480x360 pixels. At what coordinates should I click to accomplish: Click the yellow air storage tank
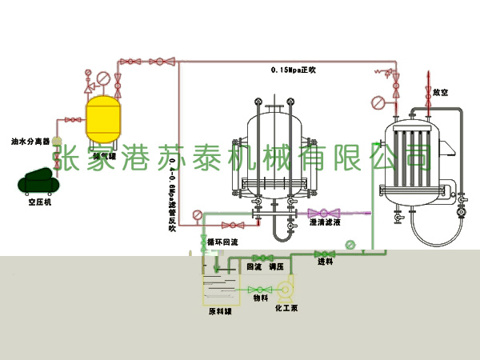(x=104, y=114)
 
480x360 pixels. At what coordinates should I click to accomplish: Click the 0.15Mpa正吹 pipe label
(x=294, y=70)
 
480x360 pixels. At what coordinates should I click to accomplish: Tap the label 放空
(x=440, y=93)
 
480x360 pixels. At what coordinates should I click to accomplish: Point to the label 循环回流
(x=222, y=242)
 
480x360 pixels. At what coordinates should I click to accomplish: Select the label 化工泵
(x=286, y=306)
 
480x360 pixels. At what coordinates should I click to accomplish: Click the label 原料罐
(x=219, y=311)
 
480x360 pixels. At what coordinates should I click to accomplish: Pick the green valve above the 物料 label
(x=259, y=289)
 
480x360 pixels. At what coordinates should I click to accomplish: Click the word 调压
(x=277, y=266)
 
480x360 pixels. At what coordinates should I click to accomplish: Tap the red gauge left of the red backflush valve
(x=197, y=214)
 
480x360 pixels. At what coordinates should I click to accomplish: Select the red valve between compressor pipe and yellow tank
(x=73, y=120)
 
